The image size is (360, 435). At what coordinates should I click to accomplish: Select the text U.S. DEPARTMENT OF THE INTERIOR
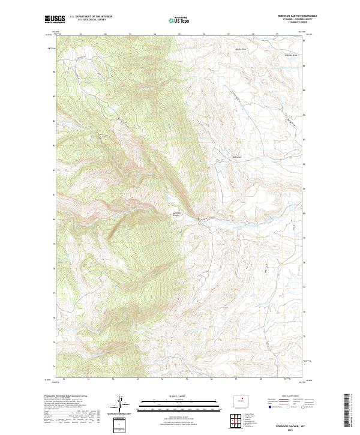[x=91, y=16]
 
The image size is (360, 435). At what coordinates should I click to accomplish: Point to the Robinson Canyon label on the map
[x=177, y=214]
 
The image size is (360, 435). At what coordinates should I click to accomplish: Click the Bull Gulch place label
[x=236, y=158]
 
